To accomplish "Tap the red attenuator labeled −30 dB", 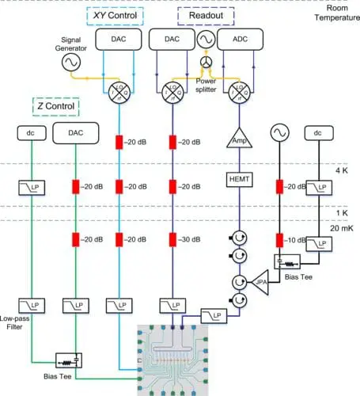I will coord(172,238).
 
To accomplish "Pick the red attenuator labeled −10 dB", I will coord(279,238).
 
